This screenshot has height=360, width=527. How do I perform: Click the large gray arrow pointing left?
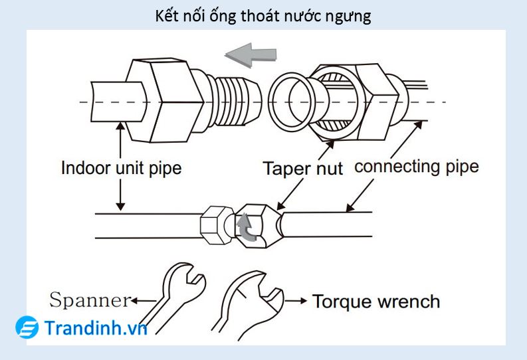pyautogui.click(x=251, y=53)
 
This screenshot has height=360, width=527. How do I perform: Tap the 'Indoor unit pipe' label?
pyautogui.click(x=121, y=167)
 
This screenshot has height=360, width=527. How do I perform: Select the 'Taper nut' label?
pyautogui.click(x=302, y=168)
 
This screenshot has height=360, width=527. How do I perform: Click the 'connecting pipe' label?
pyautogui.click(x=416, y=166)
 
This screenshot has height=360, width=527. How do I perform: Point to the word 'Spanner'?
pyautogui.click(x=90, y=300)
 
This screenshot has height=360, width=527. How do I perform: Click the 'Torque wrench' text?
pyautogui.click(x=376, y=302)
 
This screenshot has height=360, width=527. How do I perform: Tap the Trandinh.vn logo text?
pyautogui.click(x=96, y=327)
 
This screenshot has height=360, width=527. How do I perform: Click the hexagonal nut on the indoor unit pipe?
pyautogui.click(x=161, y=100)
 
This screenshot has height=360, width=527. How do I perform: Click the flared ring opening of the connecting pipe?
pyautogui.click(x=292, y=102)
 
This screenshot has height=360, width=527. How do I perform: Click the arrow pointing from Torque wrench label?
pyautogui.click(x=297, y=302)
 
